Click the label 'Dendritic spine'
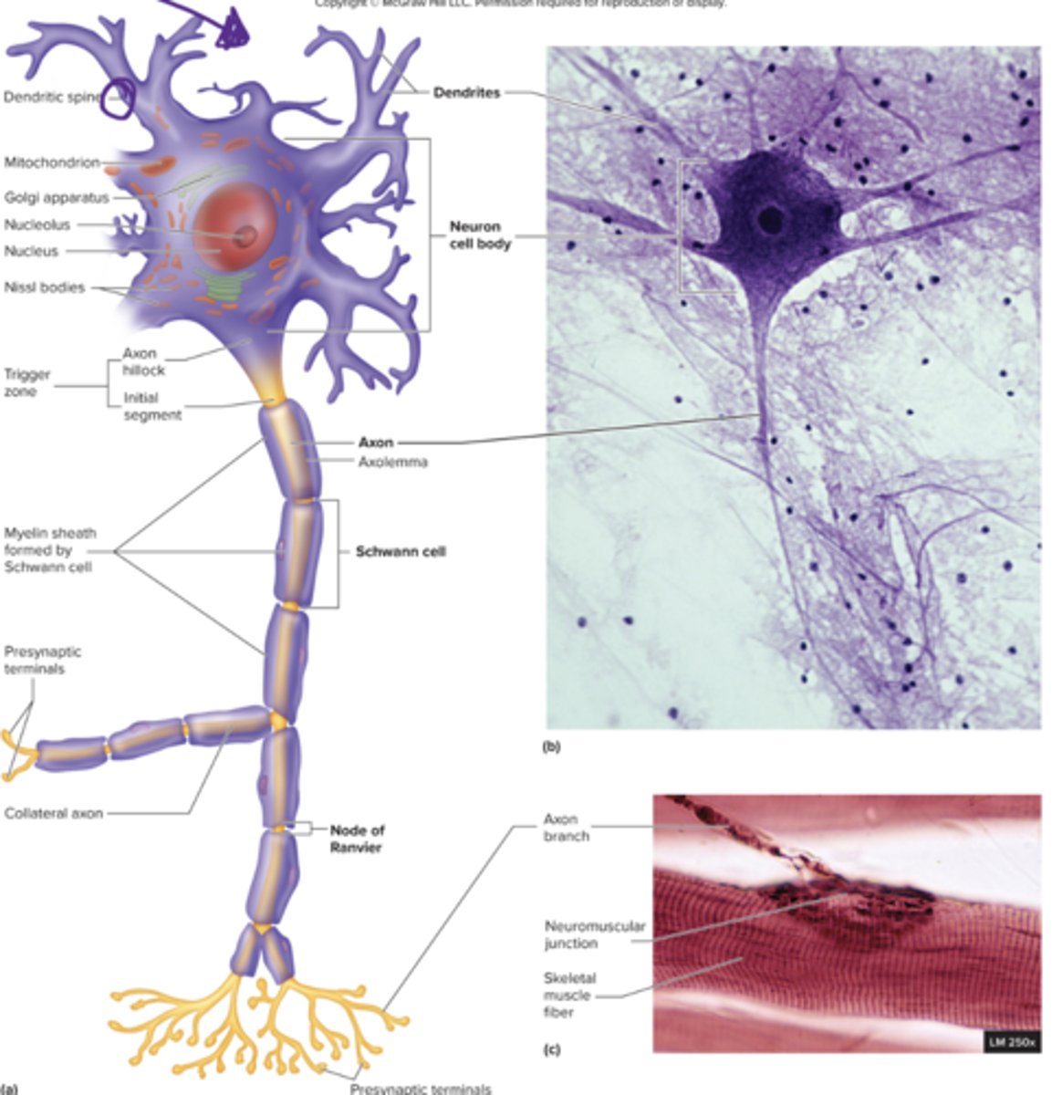click(50, 97)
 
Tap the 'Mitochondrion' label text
click(51, 162)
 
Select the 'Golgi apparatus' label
click(56, 197)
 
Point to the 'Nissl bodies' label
click(44, 287)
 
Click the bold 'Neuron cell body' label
click(480, 235)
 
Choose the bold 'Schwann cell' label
click(401, 551)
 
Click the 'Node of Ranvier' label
click(357, 839)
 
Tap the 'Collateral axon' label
click(53, 813)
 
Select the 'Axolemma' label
click(392, 462)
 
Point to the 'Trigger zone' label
click(26, 382)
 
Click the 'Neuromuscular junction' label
click(594, 934)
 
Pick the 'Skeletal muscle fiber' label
click(567, 995)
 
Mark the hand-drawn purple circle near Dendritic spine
click(117, 99)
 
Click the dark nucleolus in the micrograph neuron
click(771, 219)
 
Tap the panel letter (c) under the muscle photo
click(551, 1049)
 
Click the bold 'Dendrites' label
click(466, 92)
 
